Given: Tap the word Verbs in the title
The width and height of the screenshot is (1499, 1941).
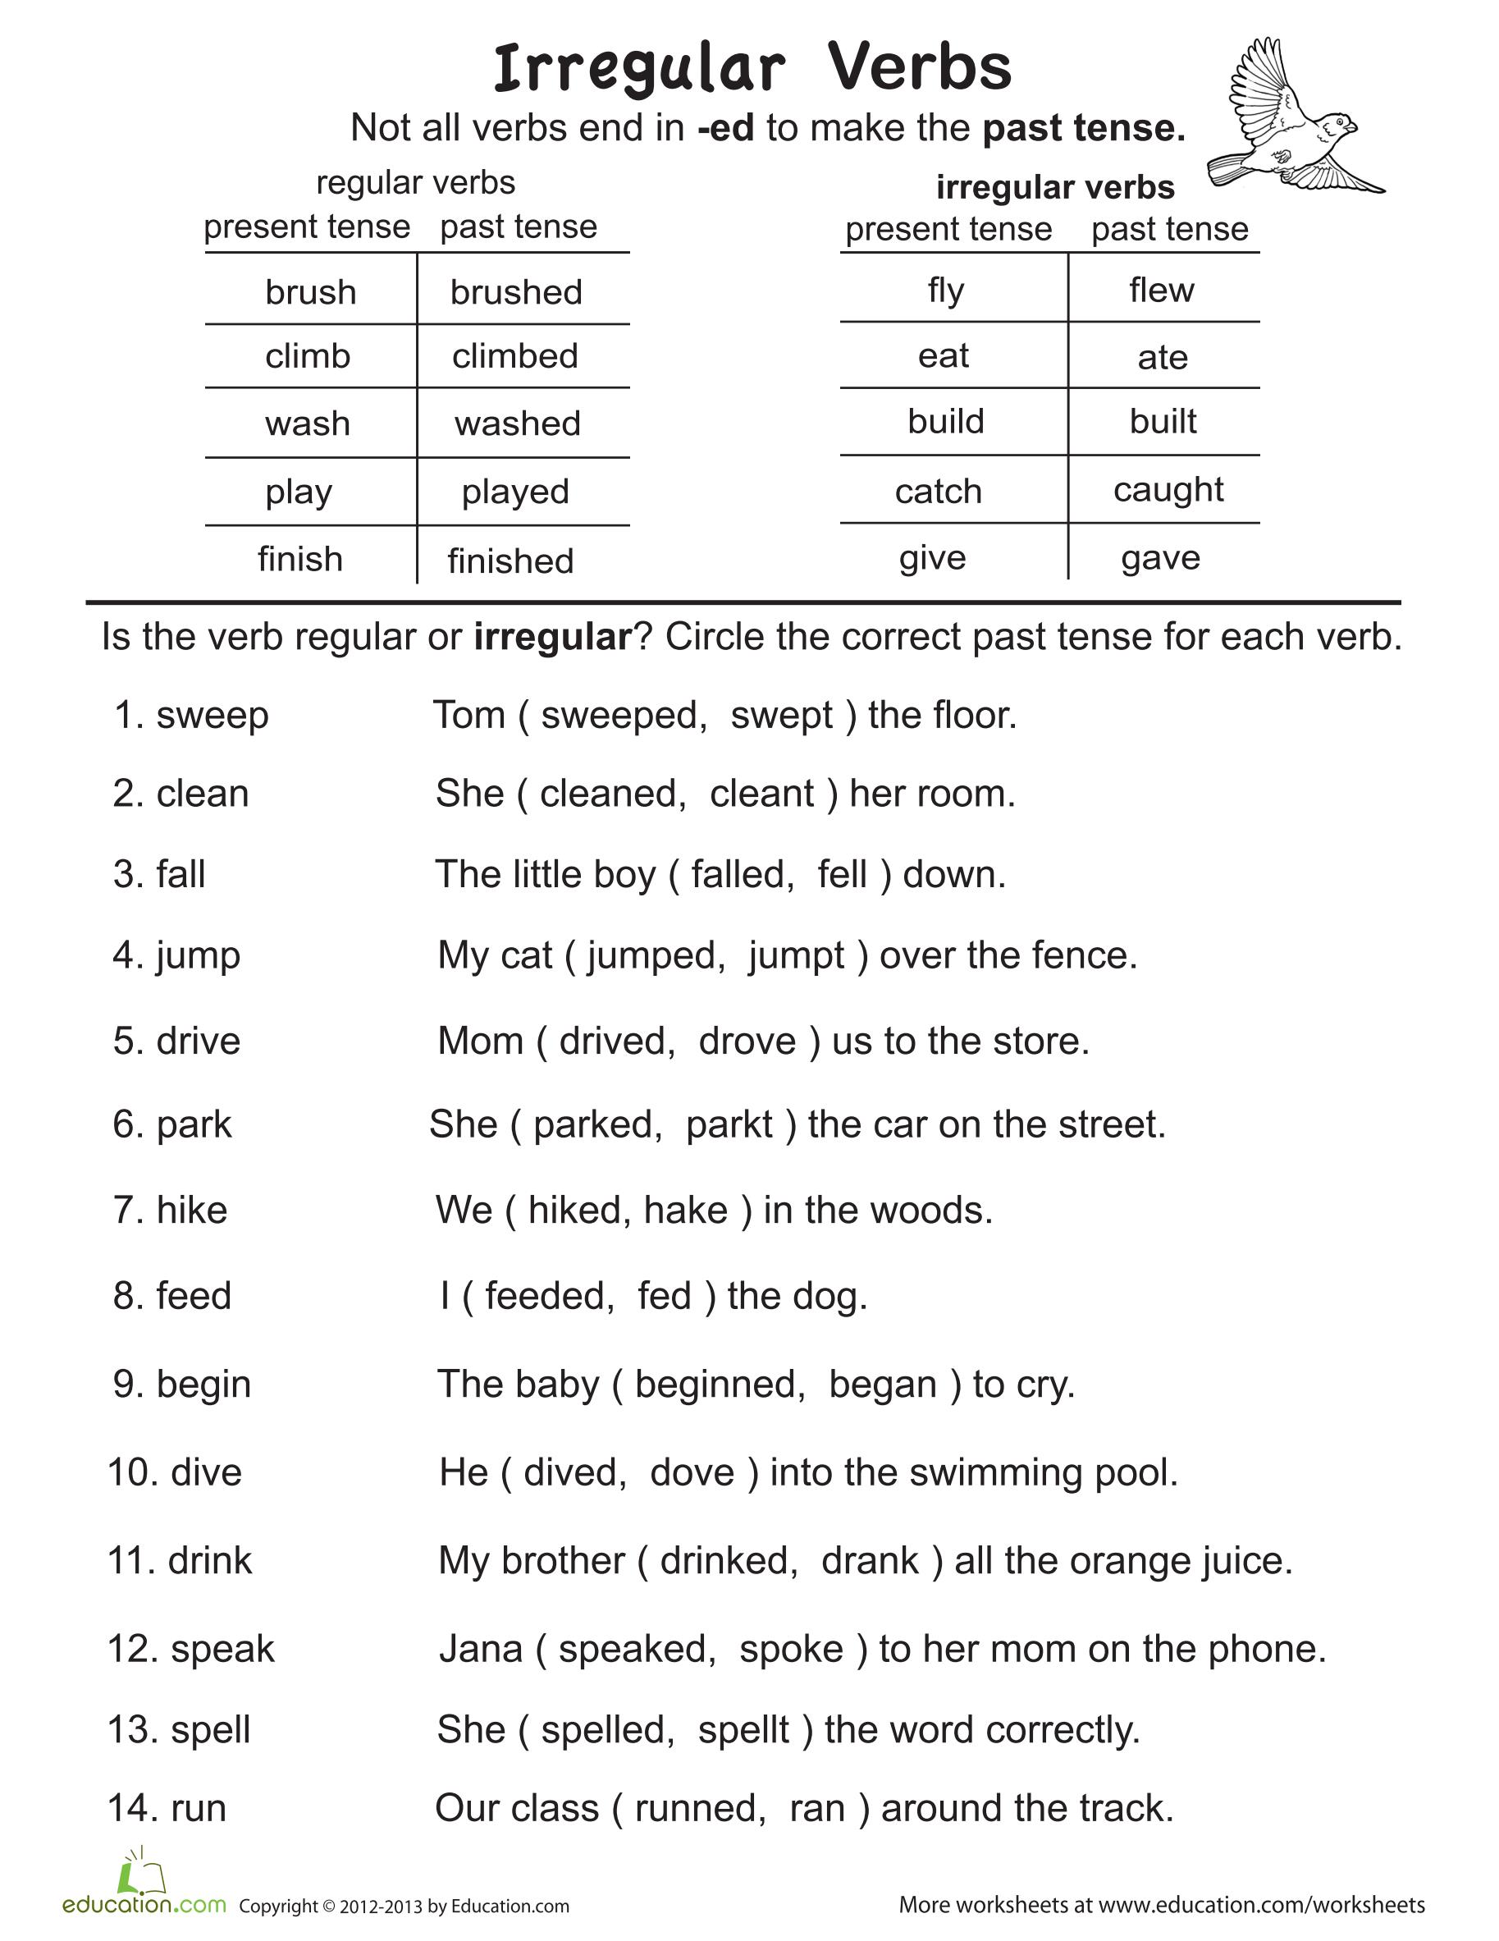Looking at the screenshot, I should click(920, 68).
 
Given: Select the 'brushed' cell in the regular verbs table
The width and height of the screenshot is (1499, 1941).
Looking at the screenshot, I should click(516, 292).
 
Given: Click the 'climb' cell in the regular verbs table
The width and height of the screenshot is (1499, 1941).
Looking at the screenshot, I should click(308, 356).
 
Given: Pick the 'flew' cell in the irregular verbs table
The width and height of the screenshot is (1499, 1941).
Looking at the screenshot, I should click(1161, 290).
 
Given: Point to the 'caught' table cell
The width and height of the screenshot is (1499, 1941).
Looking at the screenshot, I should click(1168, 490).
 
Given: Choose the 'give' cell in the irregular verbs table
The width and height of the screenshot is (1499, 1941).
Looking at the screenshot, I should click(932, 558).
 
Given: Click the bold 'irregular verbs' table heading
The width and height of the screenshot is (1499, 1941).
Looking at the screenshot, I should click(1055, 187).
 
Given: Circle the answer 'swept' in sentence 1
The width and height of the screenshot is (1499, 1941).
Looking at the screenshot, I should click(782, 716).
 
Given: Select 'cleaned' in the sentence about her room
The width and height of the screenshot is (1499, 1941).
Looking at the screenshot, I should click(613, 794).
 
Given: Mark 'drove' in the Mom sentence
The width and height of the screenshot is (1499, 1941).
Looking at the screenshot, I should click(747, 1041).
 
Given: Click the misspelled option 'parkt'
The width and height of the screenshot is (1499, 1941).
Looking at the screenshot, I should click(729, 1125).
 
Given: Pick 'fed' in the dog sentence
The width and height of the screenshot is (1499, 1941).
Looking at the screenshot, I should click(665, 1296).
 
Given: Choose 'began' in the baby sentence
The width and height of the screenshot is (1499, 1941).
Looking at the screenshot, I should click(882, 1385).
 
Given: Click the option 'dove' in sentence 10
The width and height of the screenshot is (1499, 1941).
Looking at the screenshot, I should click(692, 1472).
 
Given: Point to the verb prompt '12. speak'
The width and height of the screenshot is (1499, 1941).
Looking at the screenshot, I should click(191, 1650).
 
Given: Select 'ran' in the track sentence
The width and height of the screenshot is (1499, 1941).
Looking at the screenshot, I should click(816, 1809).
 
